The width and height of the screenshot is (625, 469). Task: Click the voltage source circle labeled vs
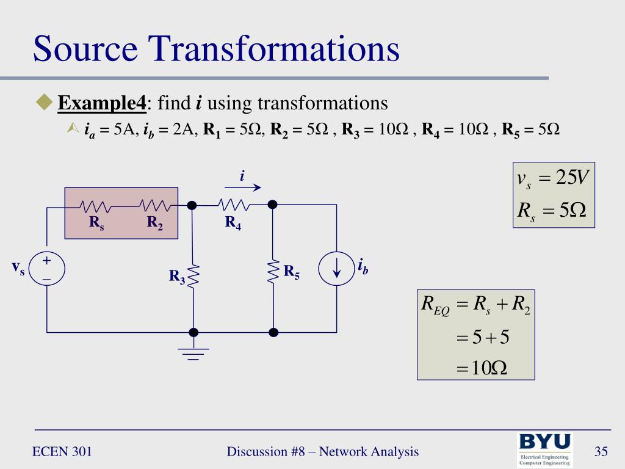(x=46, y=269)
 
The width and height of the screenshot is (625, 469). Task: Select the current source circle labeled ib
(x=336, y=269)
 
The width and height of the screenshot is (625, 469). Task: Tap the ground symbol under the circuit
(x=193, y=353)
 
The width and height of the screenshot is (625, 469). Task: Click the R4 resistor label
(x=233, y=223)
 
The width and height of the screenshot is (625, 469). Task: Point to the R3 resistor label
(x=177, y=277)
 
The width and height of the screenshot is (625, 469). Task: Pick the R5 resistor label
(x=292, y=272)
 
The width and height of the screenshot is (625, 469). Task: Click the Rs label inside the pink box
(x=96, y=223)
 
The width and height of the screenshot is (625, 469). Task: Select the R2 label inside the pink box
(x=154, y=223)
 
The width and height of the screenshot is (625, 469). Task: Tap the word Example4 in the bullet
(x=102, y=103)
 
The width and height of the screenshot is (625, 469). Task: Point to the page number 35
(x=601, y=452)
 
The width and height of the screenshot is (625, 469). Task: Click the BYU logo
(x=545, y=448)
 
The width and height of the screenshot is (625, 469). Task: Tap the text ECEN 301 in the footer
(x=62, y=452)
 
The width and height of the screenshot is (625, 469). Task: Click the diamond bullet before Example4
(x=45, y=102)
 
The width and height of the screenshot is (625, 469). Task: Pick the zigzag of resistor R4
(x=233, y=205)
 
